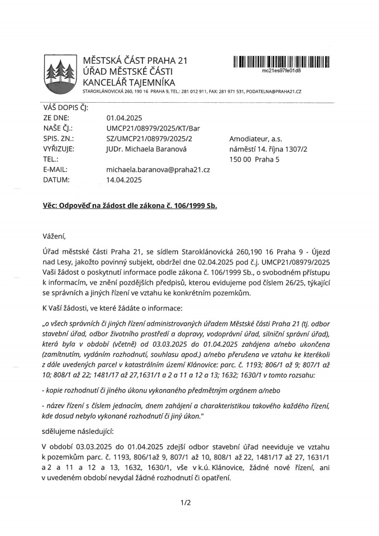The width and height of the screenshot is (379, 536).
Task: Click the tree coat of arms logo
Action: [59, 73]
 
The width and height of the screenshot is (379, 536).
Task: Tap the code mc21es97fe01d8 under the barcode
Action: [281, 71]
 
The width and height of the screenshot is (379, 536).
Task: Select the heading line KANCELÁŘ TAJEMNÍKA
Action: [129, 82]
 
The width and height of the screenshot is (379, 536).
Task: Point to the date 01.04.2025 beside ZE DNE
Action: [124, 118]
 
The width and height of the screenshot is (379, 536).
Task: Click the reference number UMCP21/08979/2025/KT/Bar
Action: [153, 128]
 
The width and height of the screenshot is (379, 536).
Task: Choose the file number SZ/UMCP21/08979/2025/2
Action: [149, 138]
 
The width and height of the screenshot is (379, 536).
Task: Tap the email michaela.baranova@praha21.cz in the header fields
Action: [158, 169]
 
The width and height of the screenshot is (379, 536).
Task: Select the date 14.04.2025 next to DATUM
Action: [124, 180]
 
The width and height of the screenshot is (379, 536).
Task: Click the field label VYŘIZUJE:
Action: [59, 149]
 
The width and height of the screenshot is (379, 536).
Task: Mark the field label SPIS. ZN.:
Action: [59, 138]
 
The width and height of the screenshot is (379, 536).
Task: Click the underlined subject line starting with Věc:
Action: [130, 205]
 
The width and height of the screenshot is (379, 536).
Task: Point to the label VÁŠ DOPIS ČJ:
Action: [65, 108]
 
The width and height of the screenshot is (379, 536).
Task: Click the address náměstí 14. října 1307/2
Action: [268, 149]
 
